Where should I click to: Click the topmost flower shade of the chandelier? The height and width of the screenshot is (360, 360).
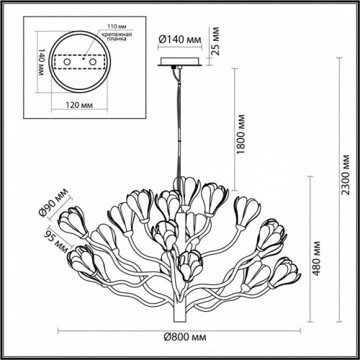pyautogui.click(x=188, y=189)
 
